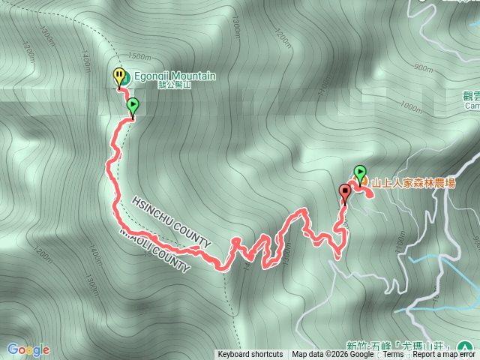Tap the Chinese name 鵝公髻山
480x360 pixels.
(x=175, y=85)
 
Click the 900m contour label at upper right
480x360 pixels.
(x=423, y=68)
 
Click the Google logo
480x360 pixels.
(x=28, y=349)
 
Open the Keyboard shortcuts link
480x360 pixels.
(x=250, y=355)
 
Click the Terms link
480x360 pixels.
(x=392, y=355)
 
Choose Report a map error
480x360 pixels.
(x=443, y=355)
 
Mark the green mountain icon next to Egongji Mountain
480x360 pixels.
(x=127, y=77)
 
